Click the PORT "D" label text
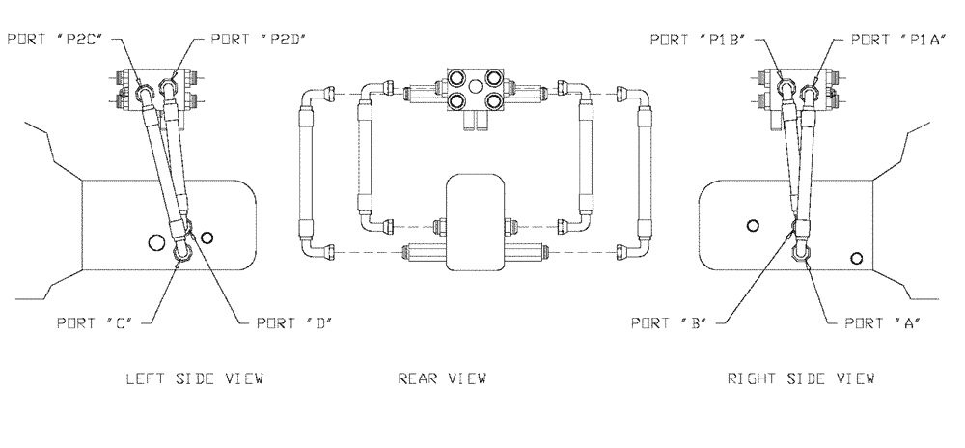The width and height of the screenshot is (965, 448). tap(294, 324)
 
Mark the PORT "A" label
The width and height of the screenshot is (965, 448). tap(880, 324)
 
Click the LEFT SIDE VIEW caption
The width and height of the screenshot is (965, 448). tap(194, 378)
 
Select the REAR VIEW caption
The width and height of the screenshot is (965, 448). tap(442, 378)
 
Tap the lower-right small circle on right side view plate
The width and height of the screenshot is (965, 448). tap(855, 257)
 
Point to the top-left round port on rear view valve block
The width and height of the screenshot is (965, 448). tap(455, 76)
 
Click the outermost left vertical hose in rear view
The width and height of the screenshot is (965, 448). tap(306, 170)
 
